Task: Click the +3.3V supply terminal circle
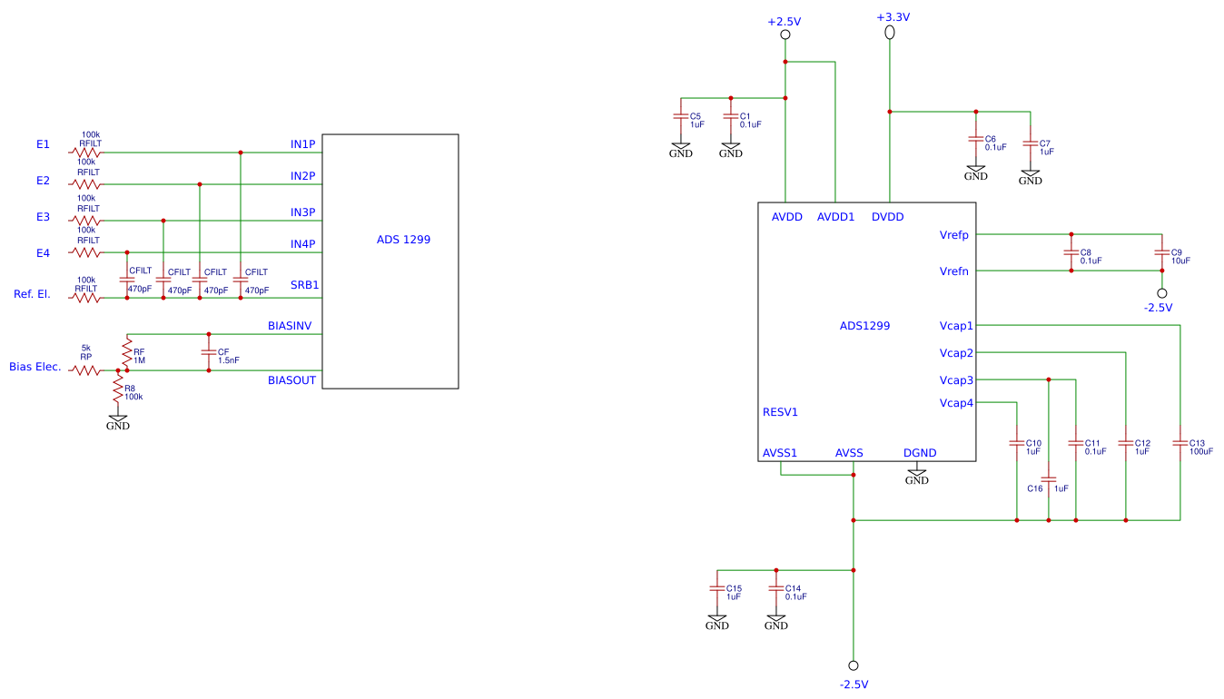pyautogui.click(x=890, y=33)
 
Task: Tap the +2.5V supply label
pyautogui.click(x=785, y=22)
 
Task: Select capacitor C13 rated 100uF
pyautogui.click(x=1180, y=443)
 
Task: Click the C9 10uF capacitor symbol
pyautogui.click(x=1161, y=252)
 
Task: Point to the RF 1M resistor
pyautogui.click(x=127, y=352)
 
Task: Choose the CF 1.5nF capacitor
pyautogui.click(x=209, y=352)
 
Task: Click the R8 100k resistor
pyautogui.click(x=118, y=389)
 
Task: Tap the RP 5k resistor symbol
pyautogui.click(x=85, y=370)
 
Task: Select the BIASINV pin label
pyautogui.click(x=290, y=326)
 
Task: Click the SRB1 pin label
pyautogui.click(x=304, y=285)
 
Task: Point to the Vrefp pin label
pyautogui.click(x=954, y=235)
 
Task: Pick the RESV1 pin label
pyautogui.click(x=780, y=412)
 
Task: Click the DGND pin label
pyautogui.click(x=920, y=453)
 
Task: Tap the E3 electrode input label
pyautogui.click(x=43, y=217)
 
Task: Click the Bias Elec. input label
pyautogui.click(x=35, y=367)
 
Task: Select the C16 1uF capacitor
pyautogui.click(x=1049, y=479)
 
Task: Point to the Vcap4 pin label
pyautogui.click(x=956, y=403)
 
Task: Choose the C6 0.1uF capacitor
pyautogui.click(x=976, y=139)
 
